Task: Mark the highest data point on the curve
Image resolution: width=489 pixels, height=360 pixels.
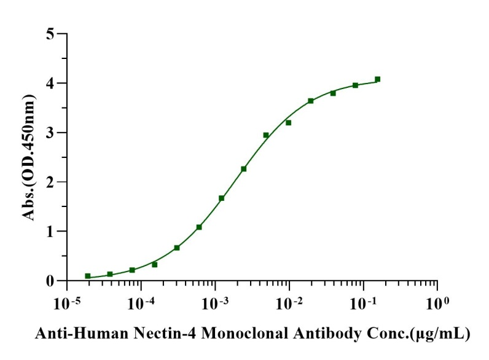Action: click(x=377, y=79)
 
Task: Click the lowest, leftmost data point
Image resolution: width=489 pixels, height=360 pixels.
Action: click(x=88, y=276)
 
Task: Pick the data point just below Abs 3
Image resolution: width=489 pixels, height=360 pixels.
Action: click(x=266, y=135)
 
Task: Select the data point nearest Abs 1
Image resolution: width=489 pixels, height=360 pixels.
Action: click(x=199, y=227)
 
